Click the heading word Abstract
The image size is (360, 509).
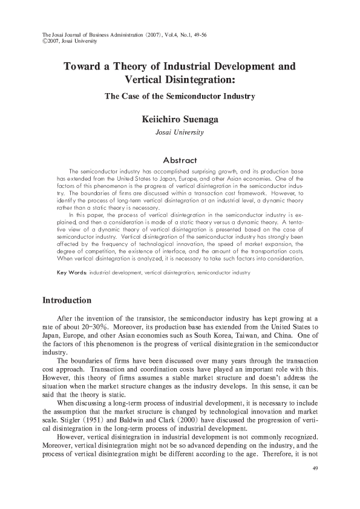(x=180, y=160)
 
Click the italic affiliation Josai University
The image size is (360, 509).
(x=180, y=132)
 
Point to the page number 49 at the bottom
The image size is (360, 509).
(x=315, y=469)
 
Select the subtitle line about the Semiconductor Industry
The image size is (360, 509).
(x=180, y=96)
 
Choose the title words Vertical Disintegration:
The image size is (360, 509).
(x=180, y=79)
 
